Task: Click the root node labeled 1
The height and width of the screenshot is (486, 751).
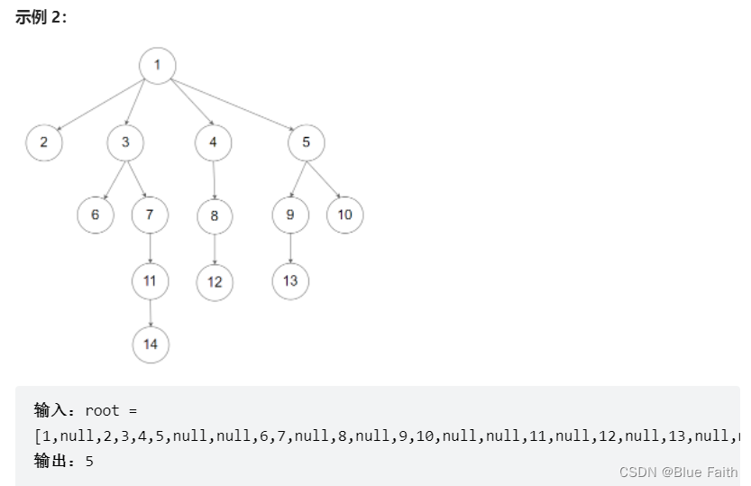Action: click(157, 65)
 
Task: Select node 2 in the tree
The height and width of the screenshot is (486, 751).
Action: click(43, 142)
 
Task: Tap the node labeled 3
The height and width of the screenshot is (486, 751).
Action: click(125, 142)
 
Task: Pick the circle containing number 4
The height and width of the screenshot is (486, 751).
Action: click(213, 142)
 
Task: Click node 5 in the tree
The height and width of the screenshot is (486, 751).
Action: click(307, 142)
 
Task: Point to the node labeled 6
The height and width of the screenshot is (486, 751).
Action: click(95, 215)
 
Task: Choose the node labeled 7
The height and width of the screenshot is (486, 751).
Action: click(150, 215)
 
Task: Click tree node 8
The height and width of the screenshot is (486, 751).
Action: click(215, 215)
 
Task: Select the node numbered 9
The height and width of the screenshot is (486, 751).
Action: click(289, 215)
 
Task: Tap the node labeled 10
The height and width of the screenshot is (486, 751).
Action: click(344, 215)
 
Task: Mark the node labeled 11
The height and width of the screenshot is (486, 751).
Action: click(150, 280)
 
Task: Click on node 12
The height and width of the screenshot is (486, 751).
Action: click(215, 281)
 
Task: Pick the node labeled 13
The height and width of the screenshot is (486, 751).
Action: click(289, 280)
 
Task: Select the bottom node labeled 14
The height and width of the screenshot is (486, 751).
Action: click(151, 344)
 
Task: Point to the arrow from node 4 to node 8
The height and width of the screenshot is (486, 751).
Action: click(214, 179)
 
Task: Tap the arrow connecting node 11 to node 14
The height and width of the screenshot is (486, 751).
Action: click(150, 312)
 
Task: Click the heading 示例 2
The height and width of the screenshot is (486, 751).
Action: click(41, 17)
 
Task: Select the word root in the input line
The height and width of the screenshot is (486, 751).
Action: click(102, 410)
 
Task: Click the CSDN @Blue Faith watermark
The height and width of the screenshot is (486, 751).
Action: click(678, 472)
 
